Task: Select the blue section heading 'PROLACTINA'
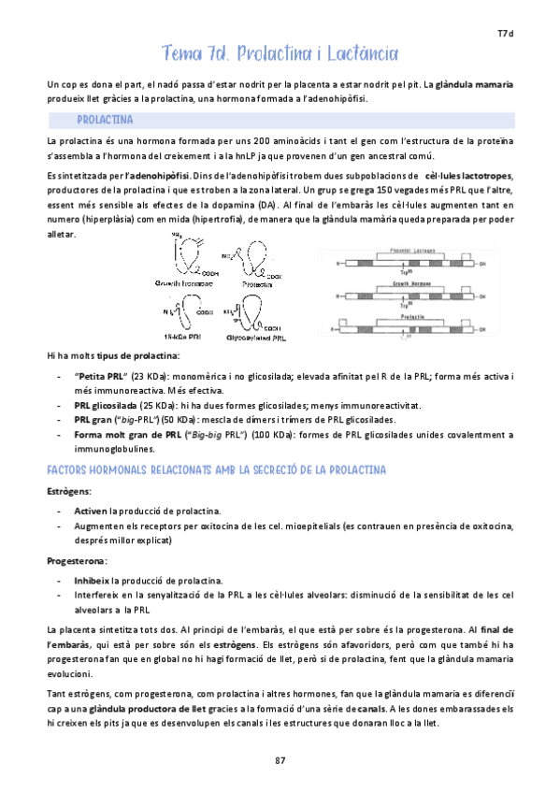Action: [105, 121]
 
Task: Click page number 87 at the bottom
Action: [280, 759]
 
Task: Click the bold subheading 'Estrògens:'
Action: [68, 490]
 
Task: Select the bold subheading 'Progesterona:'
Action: [77, 561]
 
